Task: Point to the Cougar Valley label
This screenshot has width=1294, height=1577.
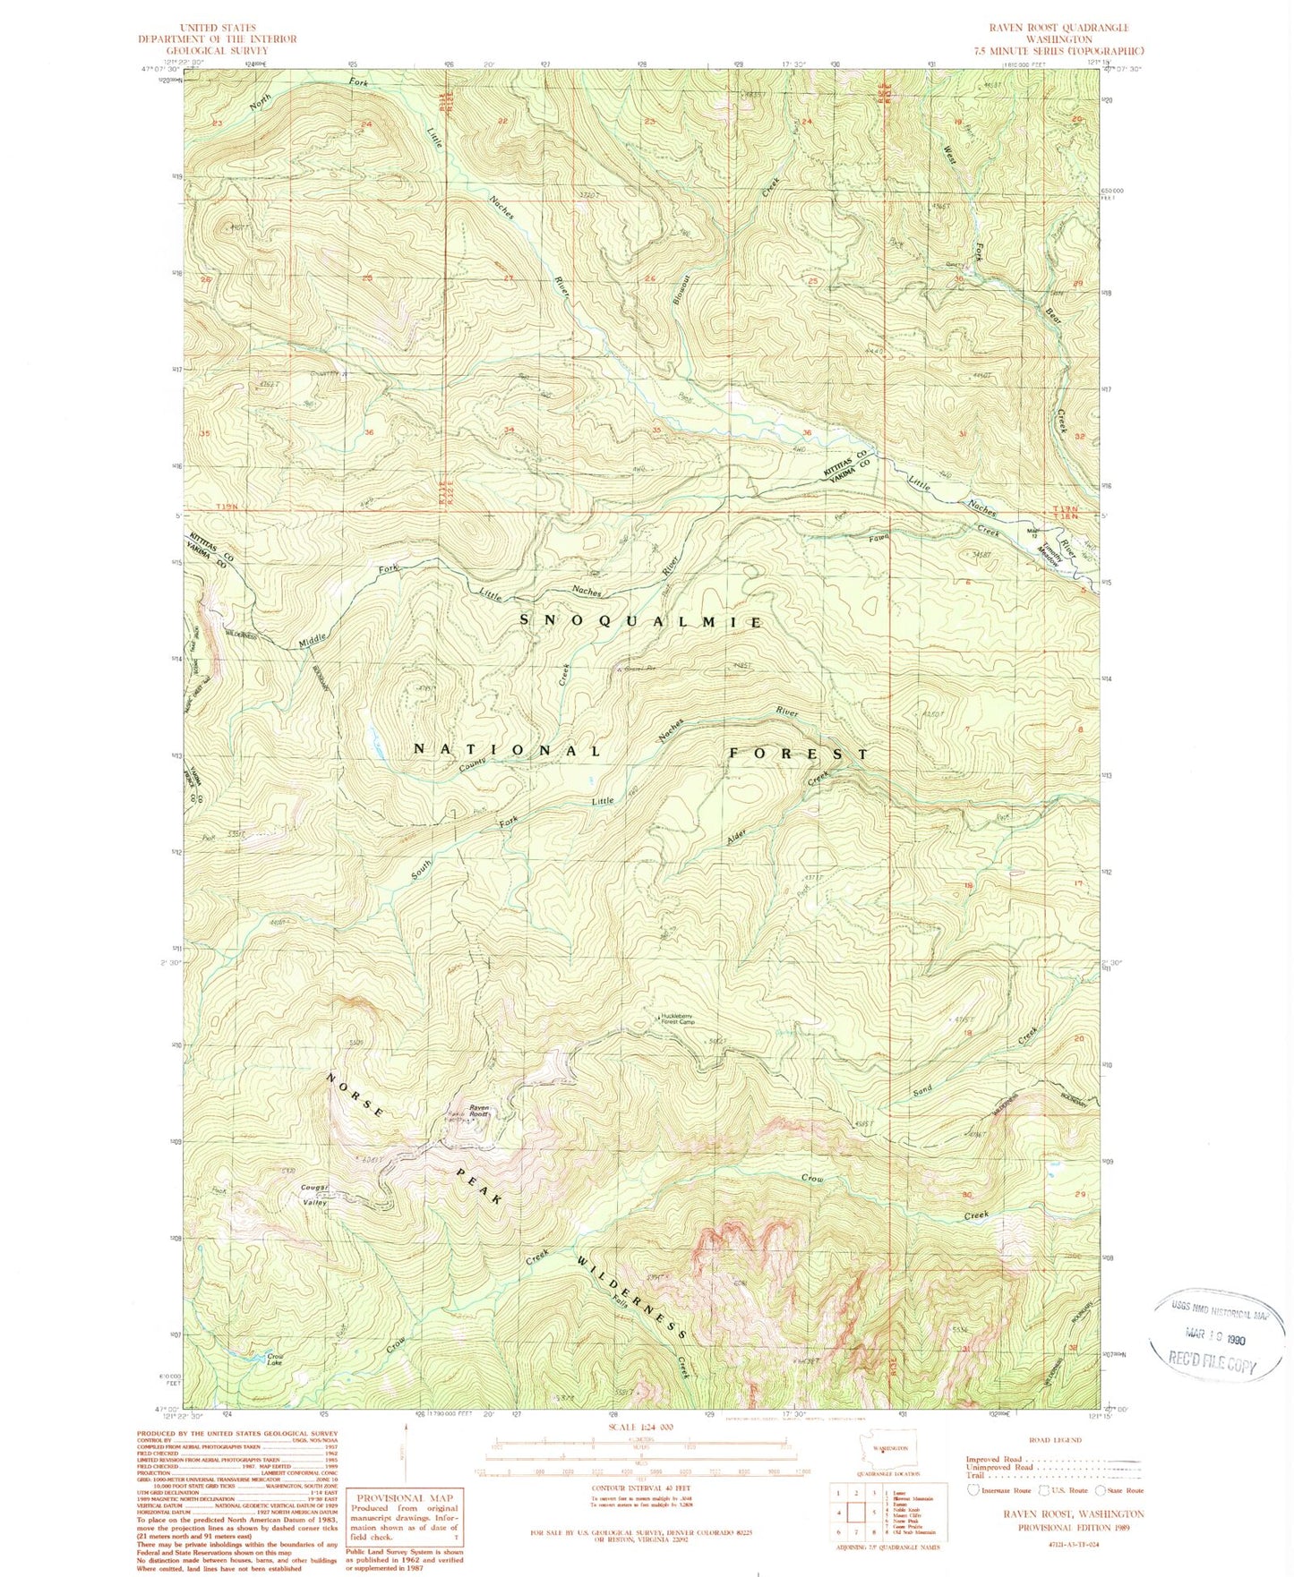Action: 314,1195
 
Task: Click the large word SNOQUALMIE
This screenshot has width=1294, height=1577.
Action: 640,621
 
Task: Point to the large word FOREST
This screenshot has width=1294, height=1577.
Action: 796,754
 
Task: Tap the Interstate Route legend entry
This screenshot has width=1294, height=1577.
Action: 1001,1490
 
